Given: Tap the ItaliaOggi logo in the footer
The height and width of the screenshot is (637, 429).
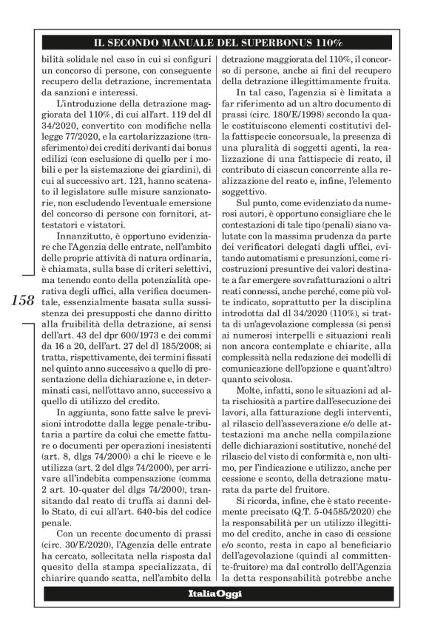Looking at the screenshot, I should click(x=214, y=593).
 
